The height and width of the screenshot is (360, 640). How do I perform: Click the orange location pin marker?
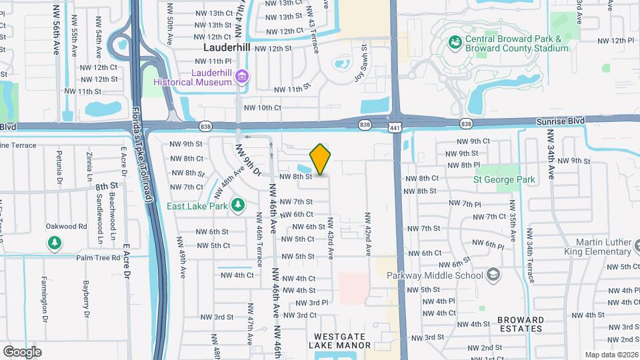pos(321,159)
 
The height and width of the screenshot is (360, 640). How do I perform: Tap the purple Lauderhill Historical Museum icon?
pos(241,77)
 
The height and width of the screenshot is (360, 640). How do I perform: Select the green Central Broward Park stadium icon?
pos(455,43)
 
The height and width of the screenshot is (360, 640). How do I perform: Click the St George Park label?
pos(504,180)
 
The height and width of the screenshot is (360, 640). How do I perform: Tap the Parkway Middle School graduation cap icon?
pos(493,275)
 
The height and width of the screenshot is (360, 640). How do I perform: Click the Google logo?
pos(22,351)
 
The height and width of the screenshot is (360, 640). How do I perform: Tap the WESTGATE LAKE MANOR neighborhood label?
pos(339,341)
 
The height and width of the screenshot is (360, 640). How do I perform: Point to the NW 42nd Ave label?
pos(367,234)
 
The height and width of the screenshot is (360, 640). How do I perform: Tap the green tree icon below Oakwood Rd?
pos(54,244)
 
